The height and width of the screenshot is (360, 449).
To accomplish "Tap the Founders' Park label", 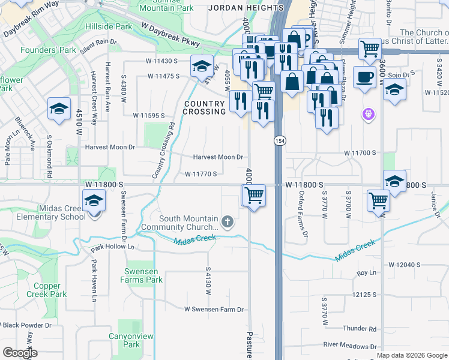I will point(49,50).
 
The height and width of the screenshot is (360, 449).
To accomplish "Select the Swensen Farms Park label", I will point(141,275).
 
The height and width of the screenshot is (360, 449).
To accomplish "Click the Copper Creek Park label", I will point(50,290).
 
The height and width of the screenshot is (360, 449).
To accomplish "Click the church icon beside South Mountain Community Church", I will point(227,223).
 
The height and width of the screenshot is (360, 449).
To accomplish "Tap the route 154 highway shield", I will point(280,140).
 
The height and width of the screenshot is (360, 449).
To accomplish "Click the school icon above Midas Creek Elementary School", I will point(94,200).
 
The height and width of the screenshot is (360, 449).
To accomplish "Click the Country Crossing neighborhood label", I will point(203,107).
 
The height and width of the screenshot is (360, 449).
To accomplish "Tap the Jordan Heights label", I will point(246,8).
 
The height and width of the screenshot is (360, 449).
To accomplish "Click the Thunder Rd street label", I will point(360,329).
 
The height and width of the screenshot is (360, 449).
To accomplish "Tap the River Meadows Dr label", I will point(349,346).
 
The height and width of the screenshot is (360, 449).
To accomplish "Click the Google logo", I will point(20,353).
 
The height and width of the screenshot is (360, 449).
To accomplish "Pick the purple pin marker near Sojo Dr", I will point(368,113).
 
